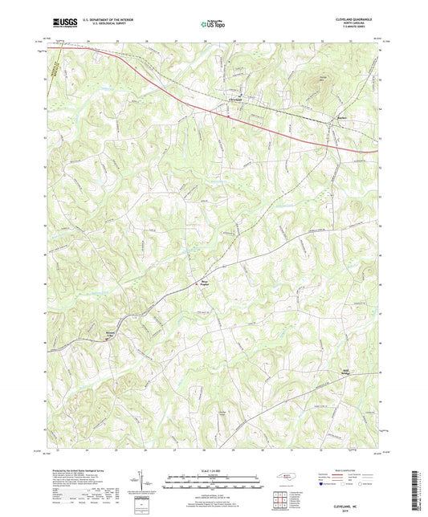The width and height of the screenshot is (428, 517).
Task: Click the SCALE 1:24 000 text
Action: tap(214, 470)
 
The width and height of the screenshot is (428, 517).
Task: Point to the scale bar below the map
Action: tap(214, 484)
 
